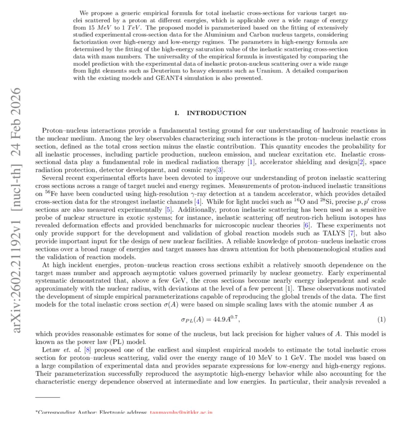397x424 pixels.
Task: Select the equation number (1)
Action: point(382,319)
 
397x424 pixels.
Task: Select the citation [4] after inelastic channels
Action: point(203,201)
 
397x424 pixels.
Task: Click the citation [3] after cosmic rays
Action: point(219,170)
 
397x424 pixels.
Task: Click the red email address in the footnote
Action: point(181,412)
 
